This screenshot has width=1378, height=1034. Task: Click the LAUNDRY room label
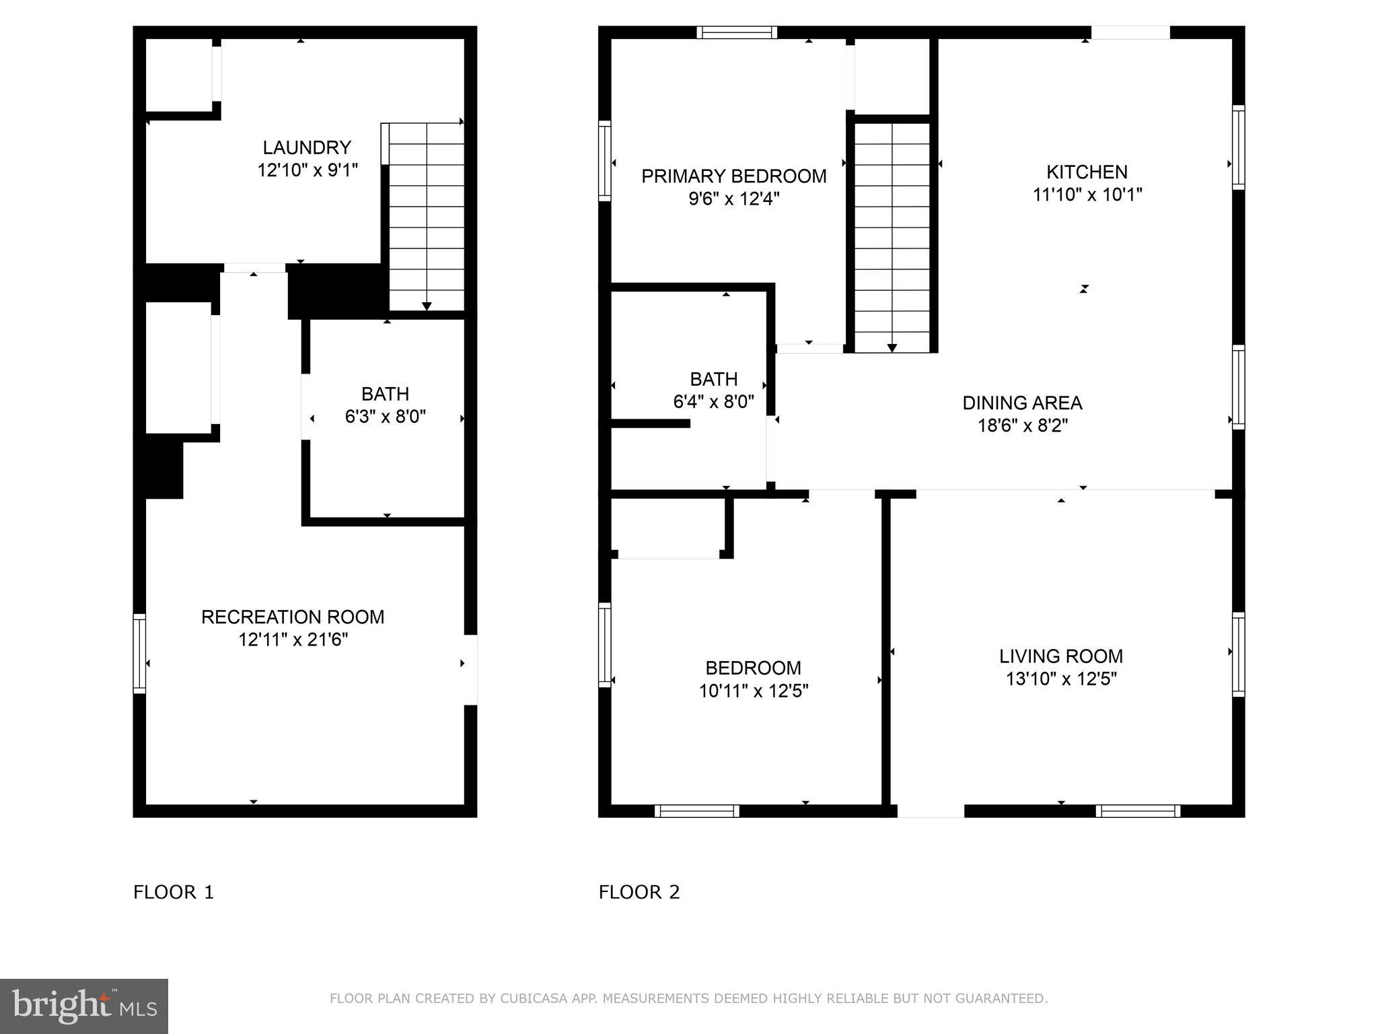307,147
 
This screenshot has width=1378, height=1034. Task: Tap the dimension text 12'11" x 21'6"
293,640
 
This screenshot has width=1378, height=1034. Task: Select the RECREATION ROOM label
293,617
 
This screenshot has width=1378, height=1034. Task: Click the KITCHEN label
1087,172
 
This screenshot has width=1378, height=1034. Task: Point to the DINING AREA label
1022,403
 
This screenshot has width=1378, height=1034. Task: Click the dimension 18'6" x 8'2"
1022,425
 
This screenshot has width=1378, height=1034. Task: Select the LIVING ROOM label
1060,656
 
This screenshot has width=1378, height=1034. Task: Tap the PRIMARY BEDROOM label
733,176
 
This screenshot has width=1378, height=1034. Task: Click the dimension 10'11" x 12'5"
753,691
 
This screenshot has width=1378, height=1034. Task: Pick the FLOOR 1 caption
174,892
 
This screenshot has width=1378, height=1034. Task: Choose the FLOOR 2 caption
639,892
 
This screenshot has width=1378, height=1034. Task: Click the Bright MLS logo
84,1006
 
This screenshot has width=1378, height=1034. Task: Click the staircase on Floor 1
427,215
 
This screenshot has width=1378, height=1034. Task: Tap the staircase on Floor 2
892,236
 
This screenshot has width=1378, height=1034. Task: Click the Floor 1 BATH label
385,394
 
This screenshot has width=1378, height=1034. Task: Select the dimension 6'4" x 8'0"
713,402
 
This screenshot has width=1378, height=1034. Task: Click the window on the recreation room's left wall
139,653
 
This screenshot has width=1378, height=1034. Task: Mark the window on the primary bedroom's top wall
737,32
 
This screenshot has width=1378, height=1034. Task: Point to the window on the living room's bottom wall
1137,811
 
